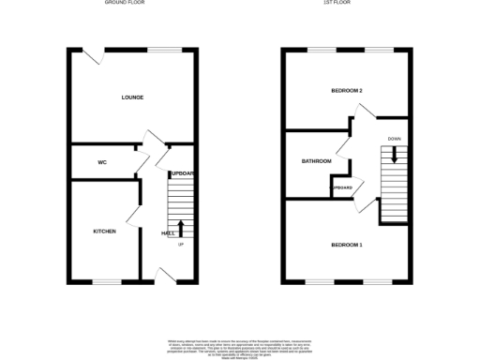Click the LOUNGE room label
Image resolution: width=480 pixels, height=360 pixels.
[131, 97]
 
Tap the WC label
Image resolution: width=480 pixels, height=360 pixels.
[102, 162]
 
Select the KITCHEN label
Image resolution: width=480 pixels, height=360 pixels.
[104, 231]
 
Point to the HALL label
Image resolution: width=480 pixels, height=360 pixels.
[168, 232]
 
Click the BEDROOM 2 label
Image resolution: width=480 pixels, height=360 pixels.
[347, 91]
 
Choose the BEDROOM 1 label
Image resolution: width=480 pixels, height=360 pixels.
[347, 246]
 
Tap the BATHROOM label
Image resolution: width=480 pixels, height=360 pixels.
[316, 161]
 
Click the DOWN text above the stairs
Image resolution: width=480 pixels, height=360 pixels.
[395, 140]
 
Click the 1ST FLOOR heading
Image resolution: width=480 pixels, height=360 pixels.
[346, 4]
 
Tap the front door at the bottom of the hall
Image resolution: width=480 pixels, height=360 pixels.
[165, 275]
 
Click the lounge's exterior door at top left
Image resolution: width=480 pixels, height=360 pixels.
[94, 55]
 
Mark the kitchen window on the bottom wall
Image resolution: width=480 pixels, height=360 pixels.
[106, 280]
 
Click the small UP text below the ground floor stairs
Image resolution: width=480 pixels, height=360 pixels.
[181, 245]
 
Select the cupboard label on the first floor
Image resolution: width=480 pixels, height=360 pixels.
[342, 187]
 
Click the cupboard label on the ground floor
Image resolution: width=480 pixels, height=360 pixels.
[182, 173]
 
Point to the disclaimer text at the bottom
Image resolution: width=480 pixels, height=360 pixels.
[239, 345]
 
